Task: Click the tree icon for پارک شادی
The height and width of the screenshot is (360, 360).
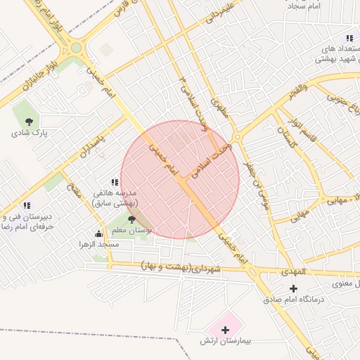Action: [x=29, y=122]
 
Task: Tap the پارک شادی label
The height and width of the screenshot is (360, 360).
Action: [x=29, y=132]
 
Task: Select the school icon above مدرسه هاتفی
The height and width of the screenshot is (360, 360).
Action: [x=115, y=183]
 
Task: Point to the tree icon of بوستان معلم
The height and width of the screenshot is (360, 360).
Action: [x=131, y=220]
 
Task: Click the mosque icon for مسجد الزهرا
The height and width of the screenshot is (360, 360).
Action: [x=98, y=234]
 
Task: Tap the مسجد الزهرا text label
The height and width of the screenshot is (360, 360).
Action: [x=99, y=244]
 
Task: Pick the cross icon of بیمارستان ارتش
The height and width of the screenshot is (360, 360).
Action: [x=225, y=329]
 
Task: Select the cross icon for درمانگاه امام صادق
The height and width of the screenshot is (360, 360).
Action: [x=294, y=288]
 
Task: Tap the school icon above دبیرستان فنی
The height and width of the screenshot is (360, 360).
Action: [x=27, y=205]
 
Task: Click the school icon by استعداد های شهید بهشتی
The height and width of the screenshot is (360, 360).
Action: [x=349, y=38]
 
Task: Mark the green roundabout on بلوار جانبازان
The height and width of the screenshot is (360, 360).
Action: [x=76, y=49]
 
